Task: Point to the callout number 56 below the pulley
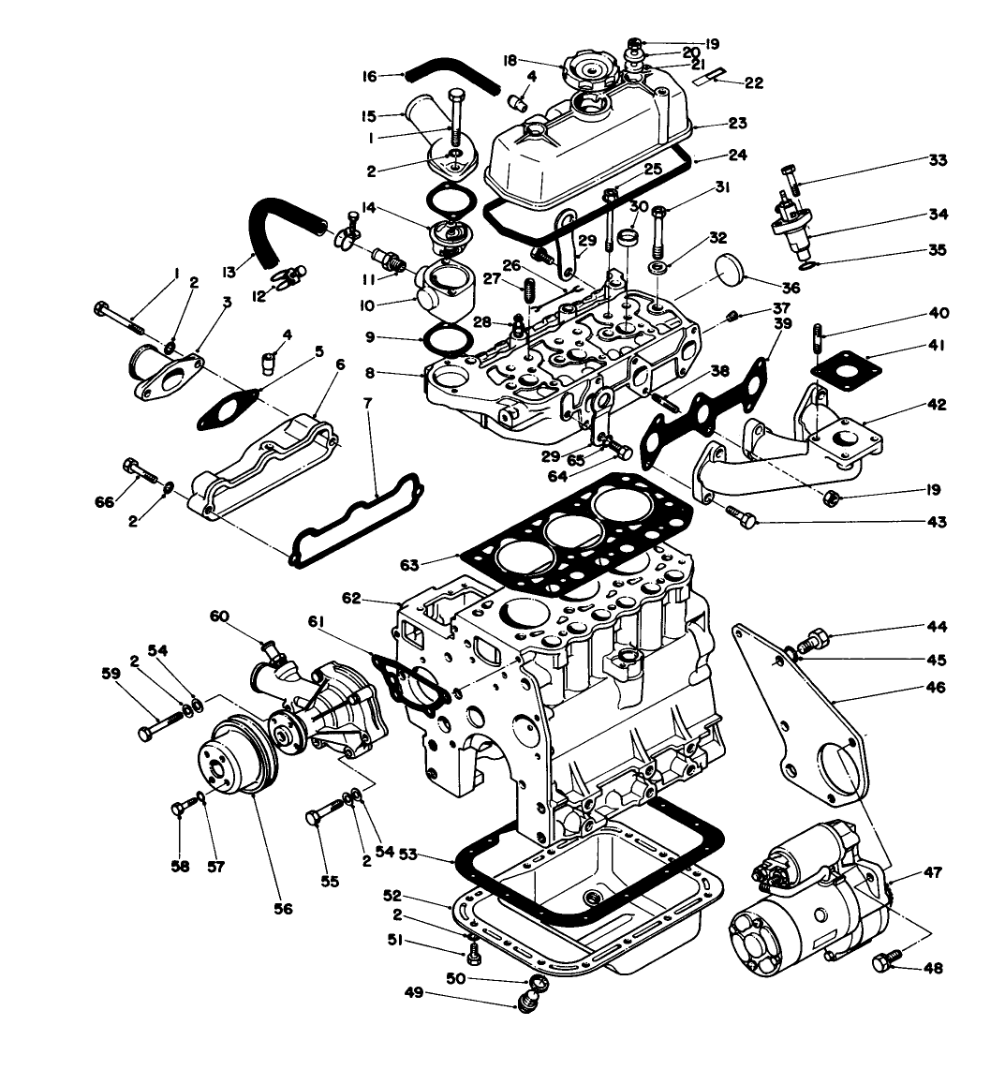point(283,908)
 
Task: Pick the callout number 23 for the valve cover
point(738,122)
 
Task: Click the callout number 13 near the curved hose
point(228,272)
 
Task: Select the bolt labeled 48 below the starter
point(882,962)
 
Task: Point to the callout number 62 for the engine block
point(351,597)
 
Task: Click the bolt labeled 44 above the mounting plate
point(817,641)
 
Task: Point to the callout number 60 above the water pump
point(218,616)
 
